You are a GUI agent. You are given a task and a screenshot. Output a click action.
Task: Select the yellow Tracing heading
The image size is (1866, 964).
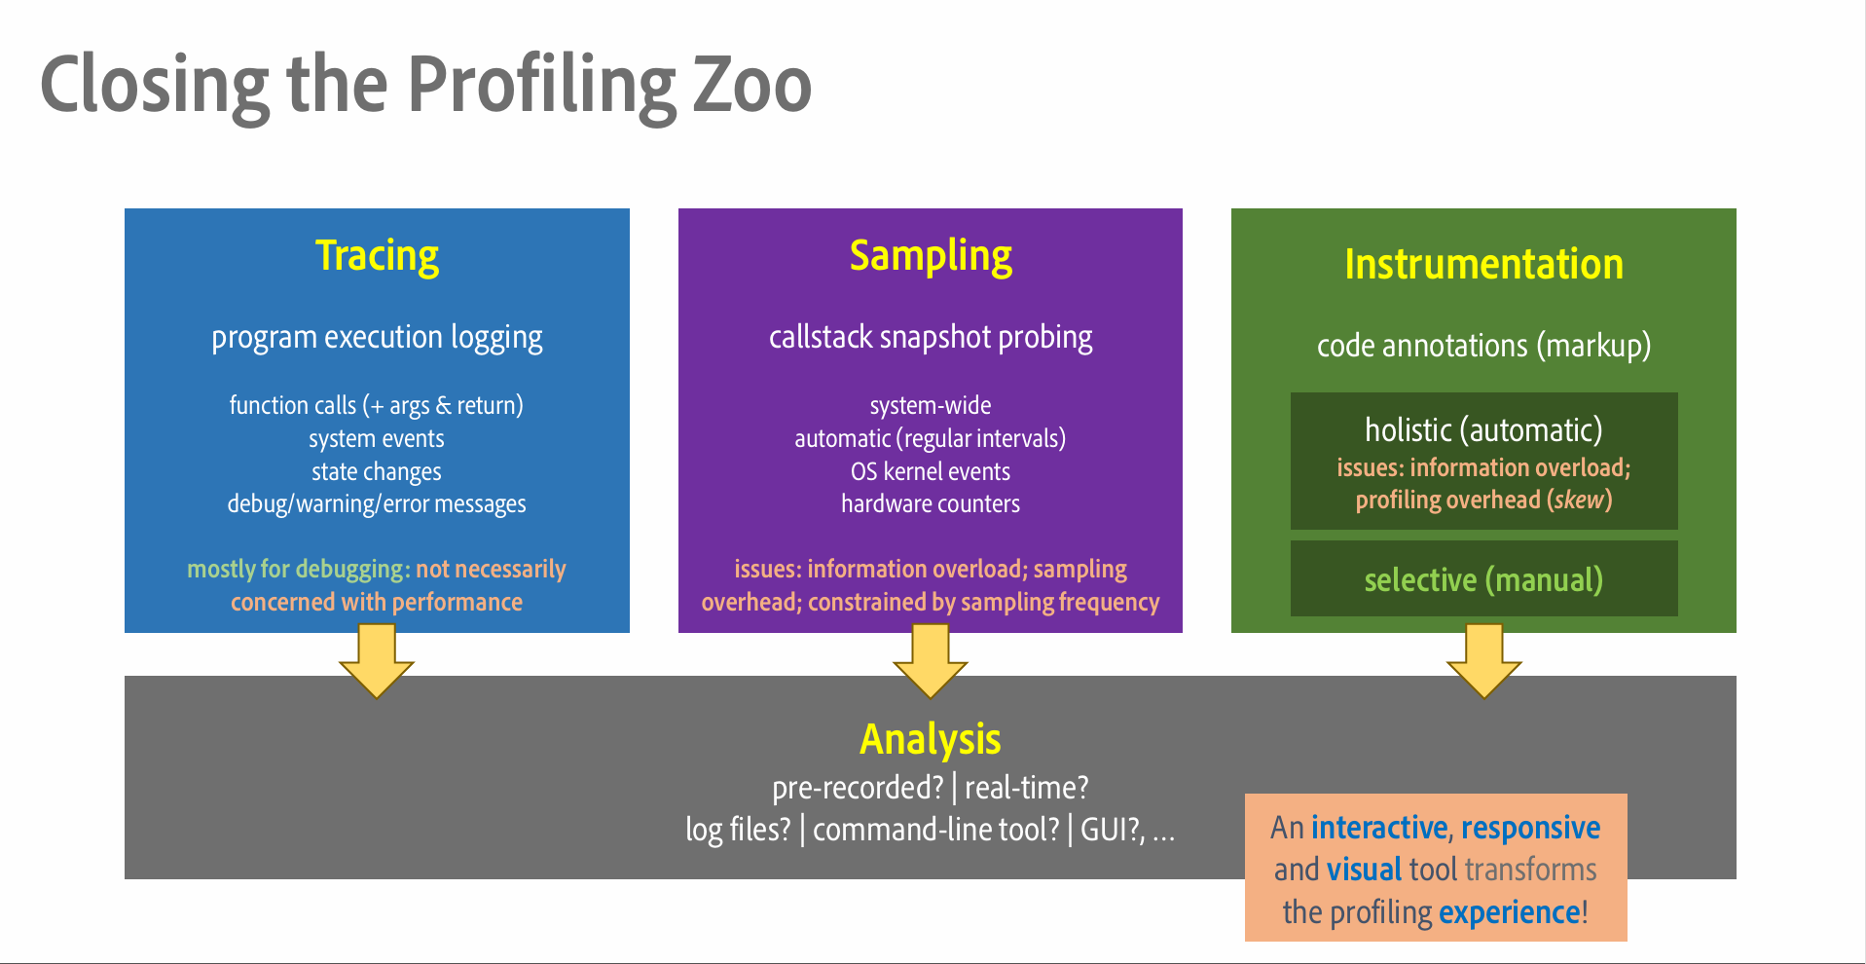(377, 256)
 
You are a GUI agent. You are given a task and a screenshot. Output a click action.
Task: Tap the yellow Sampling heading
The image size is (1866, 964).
(931, 256)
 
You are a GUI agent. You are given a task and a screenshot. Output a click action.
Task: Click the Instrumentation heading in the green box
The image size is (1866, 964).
(1483, 264)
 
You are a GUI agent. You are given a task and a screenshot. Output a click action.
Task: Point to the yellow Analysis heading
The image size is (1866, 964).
(930, 739)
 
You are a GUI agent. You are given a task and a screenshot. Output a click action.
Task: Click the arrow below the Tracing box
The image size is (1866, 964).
(377, 661)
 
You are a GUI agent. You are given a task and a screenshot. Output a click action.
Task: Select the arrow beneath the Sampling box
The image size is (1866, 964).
(931, 661)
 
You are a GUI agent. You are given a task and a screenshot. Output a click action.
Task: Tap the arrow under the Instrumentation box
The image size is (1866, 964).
(1483, 661)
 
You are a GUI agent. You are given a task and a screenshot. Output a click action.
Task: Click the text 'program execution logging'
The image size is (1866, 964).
(377, 337)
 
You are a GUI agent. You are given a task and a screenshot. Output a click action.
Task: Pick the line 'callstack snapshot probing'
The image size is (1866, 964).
(931, 337)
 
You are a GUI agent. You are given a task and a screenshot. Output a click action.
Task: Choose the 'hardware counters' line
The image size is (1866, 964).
(931, 503)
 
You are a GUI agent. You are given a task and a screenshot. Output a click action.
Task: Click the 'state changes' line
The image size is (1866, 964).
(377, 471)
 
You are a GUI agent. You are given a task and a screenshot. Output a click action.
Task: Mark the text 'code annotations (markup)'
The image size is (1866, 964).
(1483, 346)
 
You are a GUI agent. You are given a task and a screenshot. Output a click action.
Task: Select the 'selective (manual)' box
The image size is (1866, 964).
(1483, 579)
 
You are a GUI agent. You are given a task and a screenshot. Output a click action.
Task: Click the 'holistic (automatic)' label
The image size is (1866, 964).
(1483, 429)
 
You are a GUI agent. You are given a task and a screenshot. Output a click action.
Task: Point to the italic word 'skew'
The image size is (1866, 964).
(1579, 500)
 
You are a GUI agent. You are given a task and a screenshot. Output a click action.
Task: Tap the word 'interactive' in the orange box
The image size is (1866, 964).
(1378, 827)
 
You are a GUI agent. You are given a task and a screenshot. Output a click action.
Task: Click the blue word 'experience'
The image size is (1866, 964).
(1509, 912)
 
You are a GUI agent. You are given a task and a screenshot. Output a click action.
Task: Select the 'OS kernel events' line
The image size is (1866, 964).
(931, 471)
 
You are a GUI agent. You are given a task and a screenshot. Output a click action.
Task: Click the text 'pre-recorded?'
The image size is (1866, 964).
(858, 787)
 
